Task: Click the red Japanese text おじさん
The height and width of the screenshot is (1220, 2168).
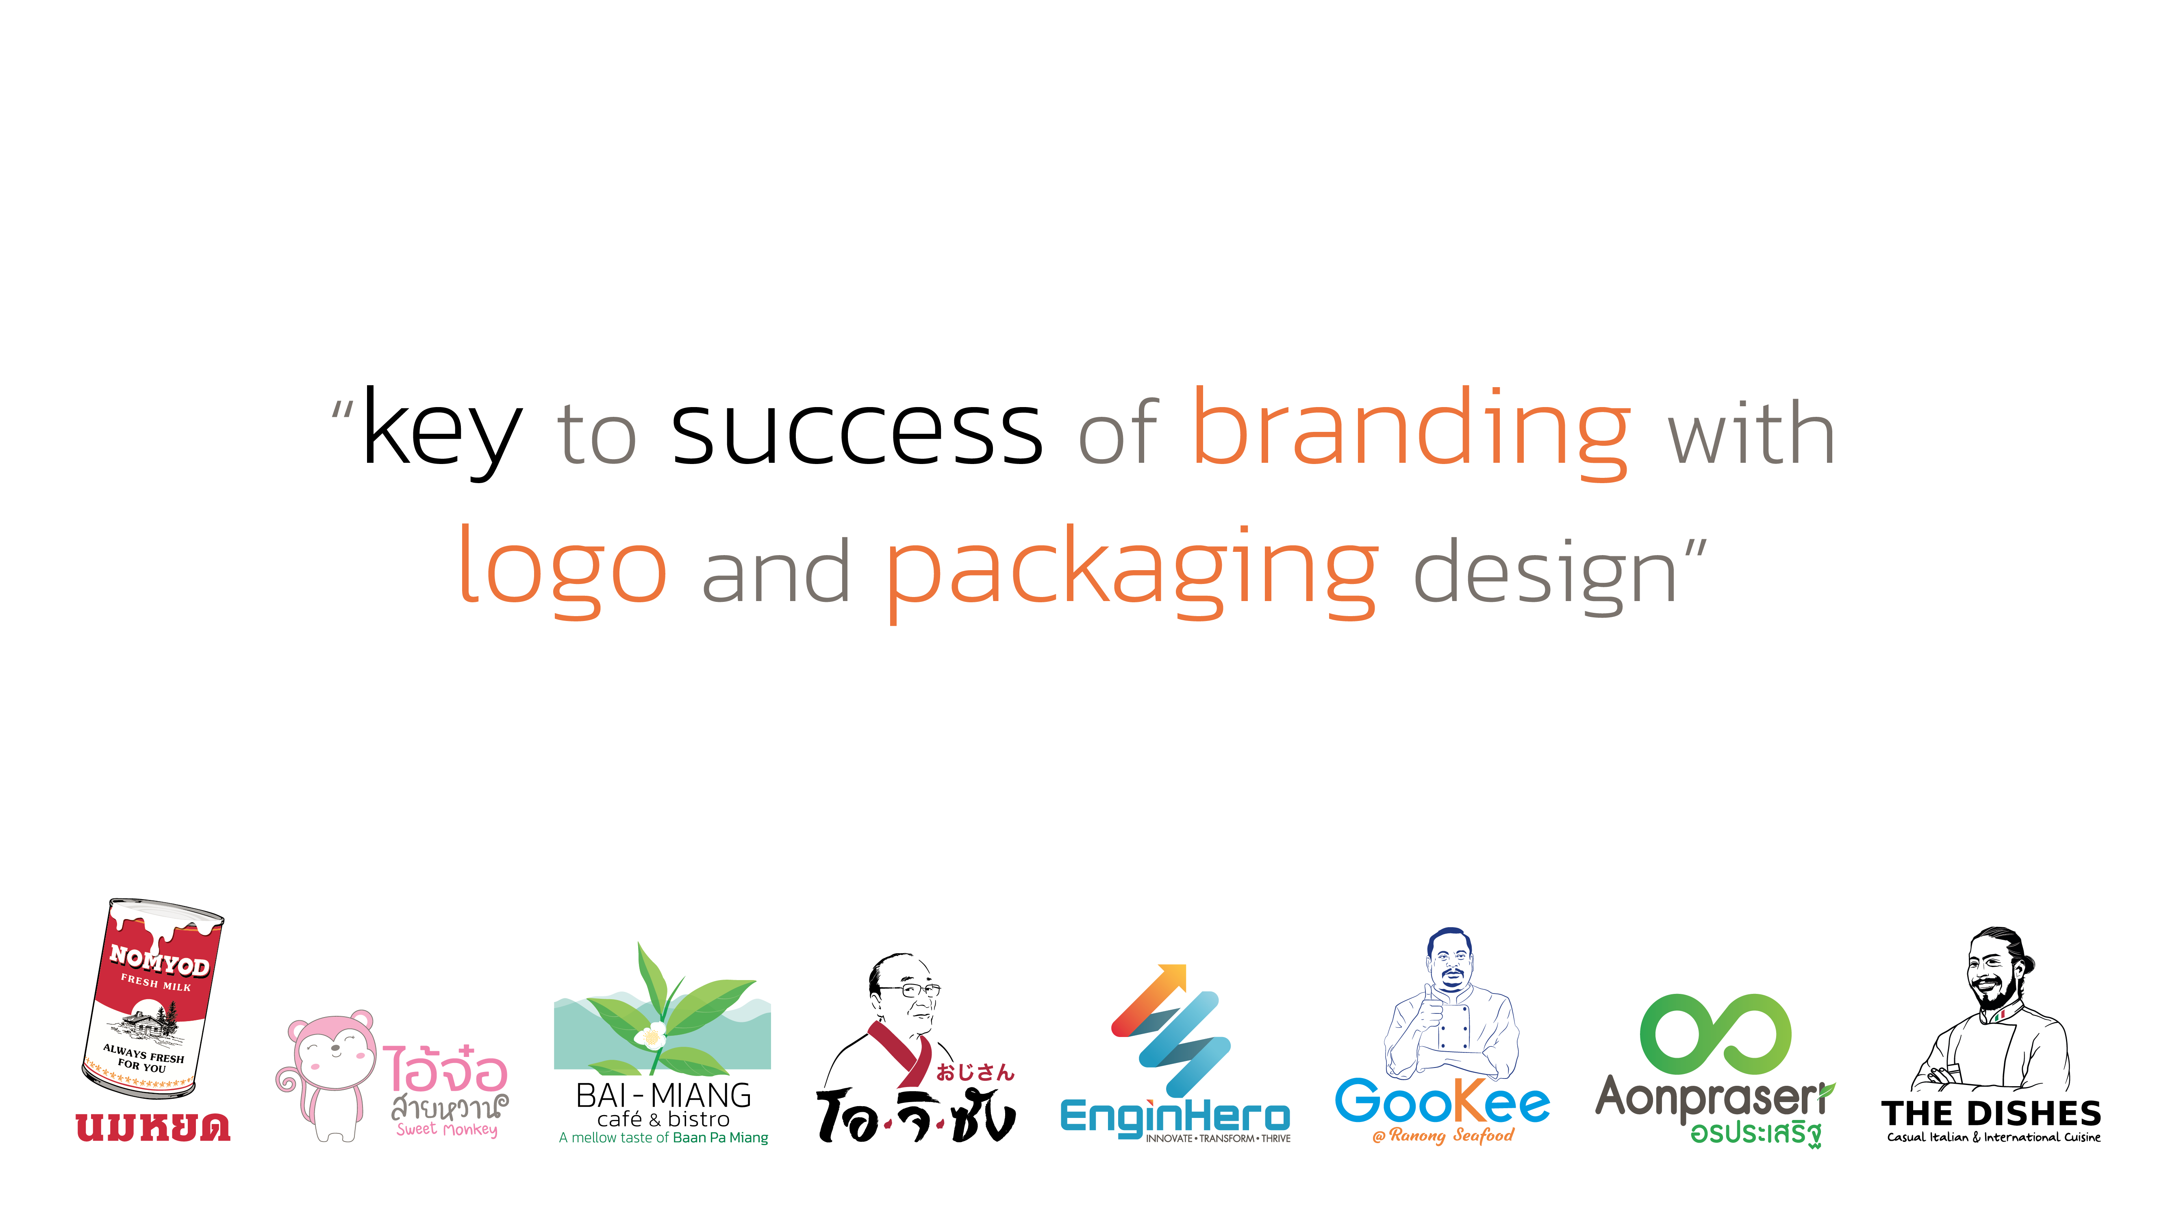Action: (x=975, y=1072)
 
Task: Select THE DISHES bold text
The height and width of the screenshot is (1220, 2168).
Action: (x=1991, y=1113)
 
